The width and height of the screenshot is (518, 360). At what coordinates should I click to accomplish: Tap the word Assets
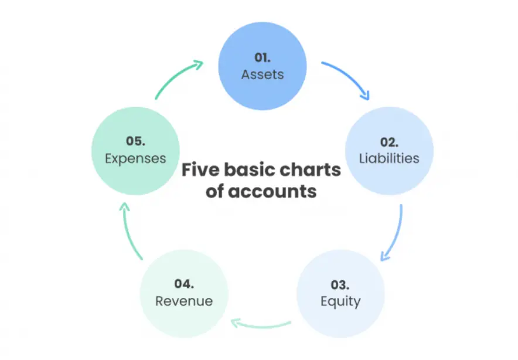(262, 74)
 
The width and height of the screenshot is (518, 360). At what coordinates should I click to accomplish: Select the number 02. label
(388, 141)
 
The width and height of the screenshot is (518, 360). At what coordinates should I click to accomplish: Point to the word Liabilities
(388, 158)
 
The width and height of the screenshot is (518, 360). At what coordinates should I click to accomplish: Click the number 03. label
(340, 285)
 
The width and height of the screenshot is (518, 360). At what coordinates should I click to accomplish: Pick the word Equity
(340, 302)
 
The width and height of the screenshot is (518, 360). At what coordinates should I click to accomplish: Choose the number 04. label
(183, 284)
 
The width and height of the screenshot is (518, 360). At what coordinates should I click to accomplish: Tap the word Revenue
(183, 301)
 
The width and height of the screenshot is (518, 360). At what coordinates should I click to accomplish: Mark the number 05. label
(135, 141)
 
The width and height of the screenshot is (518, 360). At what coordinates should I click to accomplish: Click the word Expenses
(135, 158)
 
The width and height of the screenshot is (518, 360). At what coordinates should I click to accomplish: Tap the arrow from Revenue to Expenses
(128, 230)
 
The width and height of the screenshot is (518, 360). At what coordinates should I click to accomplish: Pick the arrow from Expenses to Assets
(178, 76)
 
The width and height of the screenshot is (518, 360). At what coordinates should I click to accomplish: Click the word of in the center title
(214, 192)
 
